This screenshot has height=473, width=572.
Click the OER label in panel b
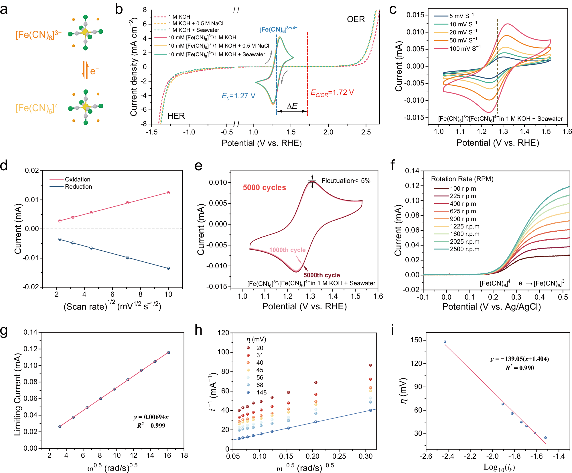[x=356, y=19]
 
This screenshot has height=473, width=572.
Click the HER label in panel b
[x=176, y=116]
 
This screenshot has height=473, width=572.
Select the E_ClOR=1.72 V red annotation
[x=332, y=93]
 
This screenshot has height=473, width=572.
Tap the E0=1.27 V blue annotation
[x=238, y=96]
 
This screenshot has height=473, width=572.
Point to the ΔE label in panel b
[x=292, y=106]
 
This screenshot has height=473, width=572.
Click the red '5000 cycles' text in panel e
[x=264, y=187]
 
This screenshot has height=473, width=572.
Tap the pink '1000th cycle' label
[x=287, y=250]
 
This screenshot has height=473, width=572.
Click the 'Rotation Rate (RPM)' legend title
[x=462, y=179]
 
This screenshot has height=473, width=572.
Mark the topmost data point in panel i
[x=445, y=342]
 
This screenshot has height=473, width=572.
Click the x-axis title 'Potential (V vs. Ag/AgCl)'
[x=491, y=307]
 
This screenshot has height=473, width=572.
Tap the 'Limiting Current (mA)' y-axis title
[x=18, y=394]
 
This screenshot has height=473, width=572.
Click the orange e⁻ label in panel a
[x=94, y=71]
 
